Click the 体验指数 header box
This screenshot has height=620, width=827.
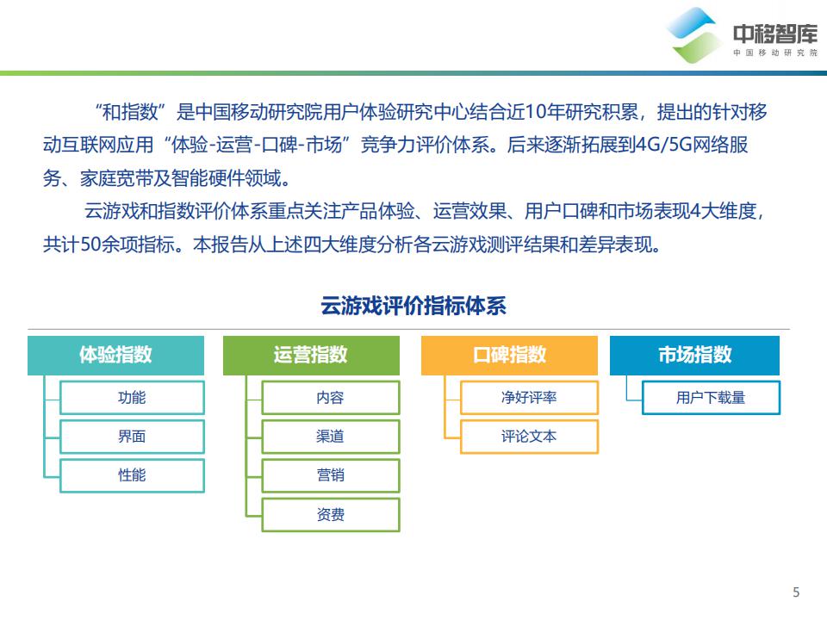pyautogui.click(x=115, y=355)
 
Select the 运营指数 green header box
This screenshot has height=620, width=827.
pyautogui.click(x=311, y=355)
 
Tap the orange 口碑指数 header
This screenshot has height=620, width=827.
pyautogui.click(x=509, y=355)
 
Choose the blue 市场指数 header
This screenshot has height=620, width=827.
pyautogui.click(x=694, y=355)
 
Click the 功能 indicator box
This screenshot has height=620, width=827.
pyautogui.click(x=132, y=398)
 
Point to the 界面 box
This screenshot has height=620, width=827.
pyautogui.click(x=132, y=437)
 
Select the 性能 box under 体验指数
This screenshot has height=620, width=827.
pyautogui.click(x=132, y=475)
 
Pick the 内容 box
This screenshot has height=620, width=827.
pyautogui.click(x=330, y=398)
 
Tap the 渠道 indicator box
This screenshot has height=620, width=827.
pyautogui.click(x=330, y=437)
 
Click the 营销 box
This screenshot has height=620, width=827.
pyautogui.click(x=330, y=476)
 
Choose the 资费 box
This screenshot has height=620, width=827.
pyautogui.click(x=330, y=515)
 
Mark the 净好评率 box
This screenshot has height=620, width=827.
pyautogui.click(x=529, y=398)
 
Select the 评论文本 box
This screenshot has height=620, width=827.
pyautogui.click(x=529, y=437)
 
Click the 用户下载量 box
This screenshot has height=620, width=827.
pyautogui.click(x=711, y=398)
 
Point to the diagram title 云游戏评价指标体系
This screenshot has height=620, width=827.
pyautogui.click(x=413, y=307)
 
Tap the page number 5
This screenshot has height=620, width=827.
pyautogui.click(x=795, y=592)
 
